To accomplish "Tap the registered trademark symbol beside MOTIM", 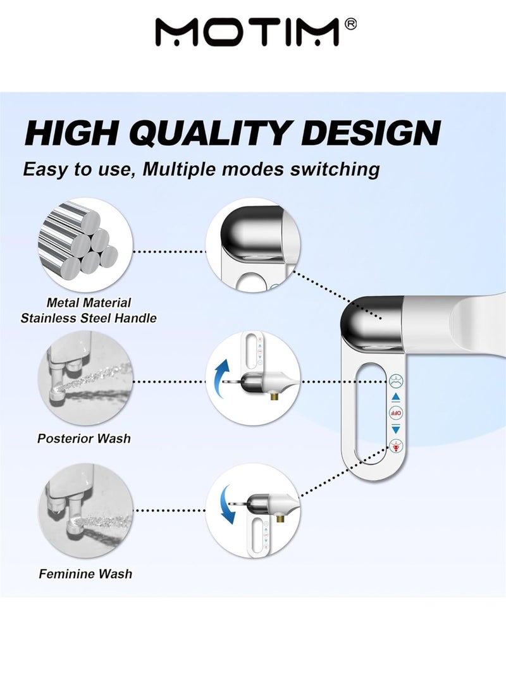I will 352,23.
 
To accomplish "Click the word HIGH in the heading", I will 71,133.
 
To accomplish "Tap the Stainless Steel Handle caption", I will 89,318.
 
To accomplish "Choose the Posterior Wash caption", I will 84,438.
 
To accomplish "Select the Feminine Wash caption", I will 85,574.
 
